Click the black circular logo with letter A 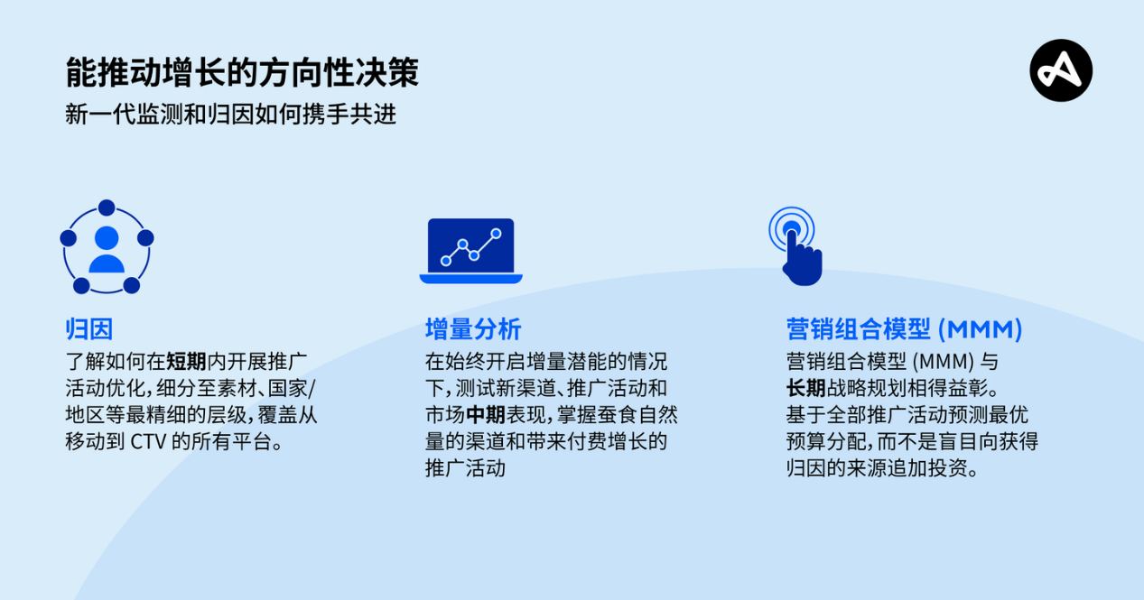pos(1061,70)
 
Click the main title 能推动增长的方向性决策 pos(242,73)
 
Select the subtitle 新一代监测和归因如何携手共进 pos(230,115)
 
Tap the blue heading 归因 pos(88,329)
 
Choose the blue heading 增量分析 pos(473,329)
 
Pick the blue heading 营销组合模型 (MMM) pos(904,329)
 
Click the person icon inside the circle pos(107,250)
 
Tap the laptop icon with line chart pos(470,250)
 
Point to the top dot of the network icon pos(107,208)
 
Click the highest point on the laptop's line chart pos(496,233)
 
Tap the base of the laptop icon pos(470,279)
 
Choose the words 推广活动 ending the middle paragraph pos(465,468)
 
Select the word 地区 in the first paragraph pos(85,416)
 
